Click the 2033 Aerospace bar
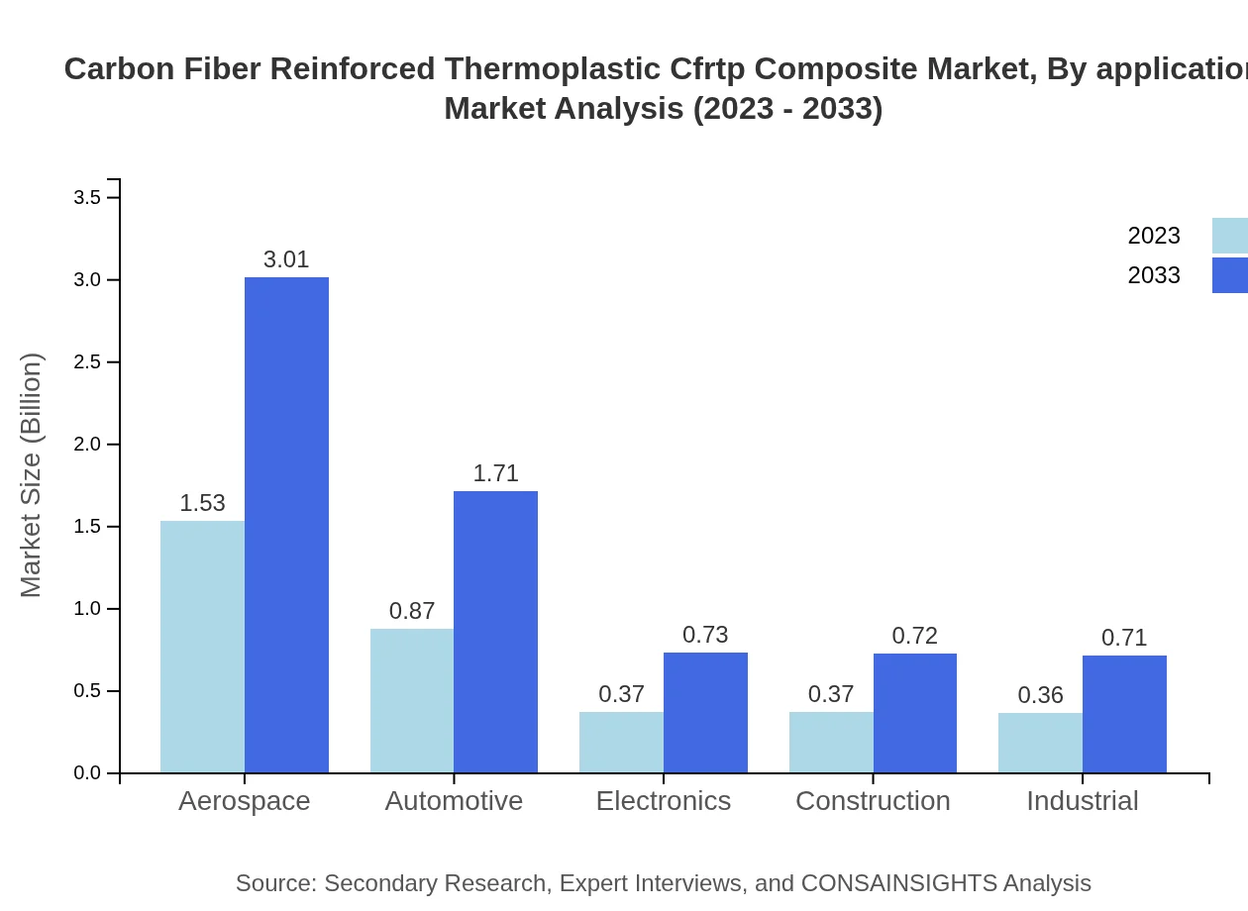[x=286, y=525]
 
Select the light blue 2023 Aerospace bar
[x=202, y=647]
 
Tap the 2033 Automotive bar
[x=495, y=632]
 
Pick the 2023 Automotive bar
[x=412, y=700]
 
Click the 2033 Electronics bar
[x=705, y=712]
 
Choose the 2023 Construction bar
[x=831, y=742]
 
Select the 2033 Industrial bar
[x=1124, y=713]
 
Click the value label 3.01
[x=286, y=259]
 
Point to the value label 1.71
[x=495, y=473]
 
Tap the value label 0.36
[x=1040, y=695]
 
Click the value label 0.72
[x=914, y=636]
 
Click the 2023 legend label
[x=1154, y=236]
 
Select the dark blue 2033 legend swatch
[x=1230, y=275]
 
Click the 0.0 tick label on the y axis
[x=88, y=773]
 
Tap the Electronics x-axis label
[x=664, y=801]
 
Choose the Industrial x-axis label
[x=1083, y=801]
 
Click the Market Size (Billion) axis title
[x=32, y=475]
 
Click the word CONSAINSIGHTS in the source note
[x=898, y=883]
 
